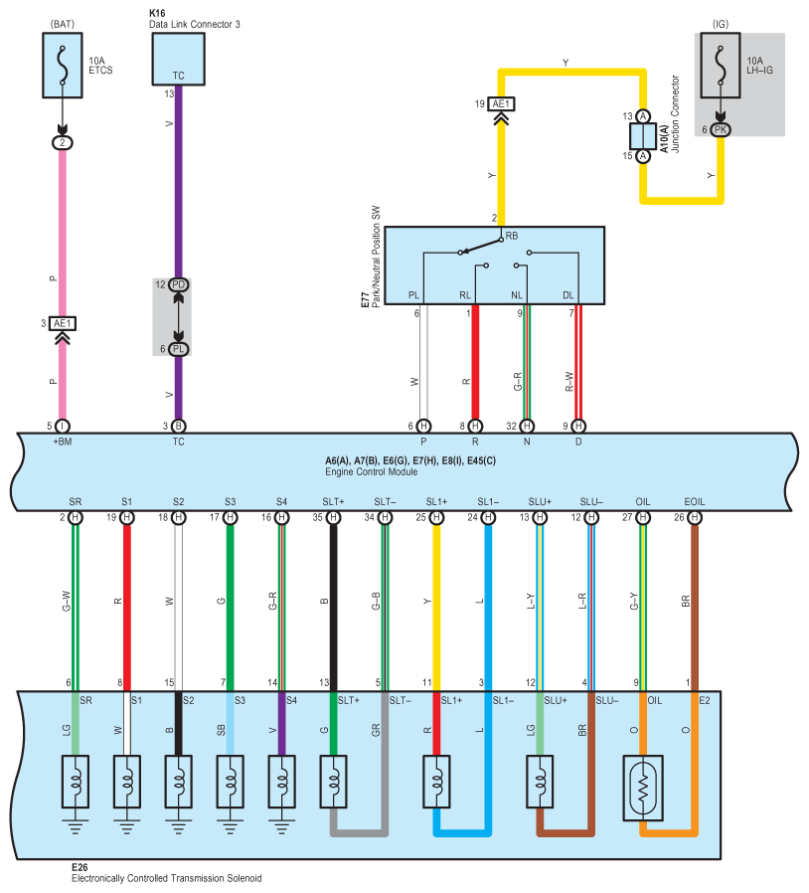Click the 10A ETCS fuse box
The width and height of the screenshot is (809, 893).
(63, 65)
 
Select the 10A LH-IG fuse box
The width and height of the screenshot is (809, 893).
(721, 65)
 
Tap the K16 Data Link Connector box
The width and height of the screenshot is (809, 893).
(178, 60)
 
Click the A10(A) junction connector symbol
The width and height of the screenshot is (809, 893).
(643, 136)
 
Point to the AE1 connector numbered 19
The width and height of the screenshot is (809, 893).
(501, 103)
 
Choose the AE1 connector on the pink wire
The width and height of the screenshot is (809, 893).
(63, 323)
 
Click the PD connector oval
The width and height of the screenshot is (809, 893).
(178, 284)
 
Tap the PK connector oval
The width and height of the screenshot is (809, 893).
(721, 130)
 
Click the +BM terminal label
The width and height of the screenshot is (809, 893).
(63, 442)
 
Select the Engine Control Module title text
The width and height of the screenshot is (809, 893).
(371, 472)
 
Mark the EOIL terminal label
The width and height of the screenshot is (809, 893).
(694, 502)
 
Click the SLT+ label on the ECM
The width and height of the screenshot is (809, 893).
(333, 502)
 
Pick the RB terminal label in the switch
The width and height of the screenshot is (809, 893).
(512, 236)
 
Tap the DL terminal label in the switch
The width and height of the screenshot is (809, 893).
(568, 295)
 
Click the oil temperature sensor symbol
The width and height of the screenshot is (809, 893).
(643, 789)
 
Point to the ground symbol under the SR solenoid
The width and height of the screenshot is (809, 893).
(76, 827)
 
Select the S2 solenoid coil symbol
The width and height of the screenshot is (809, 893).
(178, 782)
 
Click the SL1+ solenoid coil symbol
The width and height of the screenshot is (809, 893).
(436, 782)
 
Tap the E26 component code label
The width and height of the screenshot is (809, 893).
(80, 867)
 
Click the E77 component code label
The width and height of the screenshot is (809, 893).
(365, 300)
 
